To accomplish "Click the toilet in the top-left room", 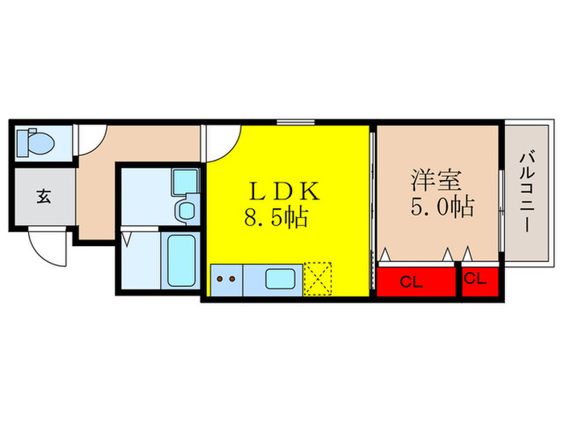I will pyautogui.click(x=37, y=143).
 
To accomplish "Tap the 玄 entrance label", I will pyautogui.click(x=43, y=195).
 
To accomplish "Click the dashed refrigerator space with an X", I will pyautogui.click(x=318, y=279).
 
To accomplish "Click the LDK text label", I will pyautogui.click(x=284, y=192).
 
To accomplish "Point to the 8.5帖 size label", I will pyautogui.click(x=276, y=217).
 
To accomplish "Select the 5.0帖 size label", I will pyautogui.click(x=441, y=207).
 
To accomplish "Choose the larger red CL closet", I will pyautogui.click(x=416, y=281).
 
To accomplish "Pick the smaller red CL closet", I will pyautogui.click(x=479, y=281).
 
